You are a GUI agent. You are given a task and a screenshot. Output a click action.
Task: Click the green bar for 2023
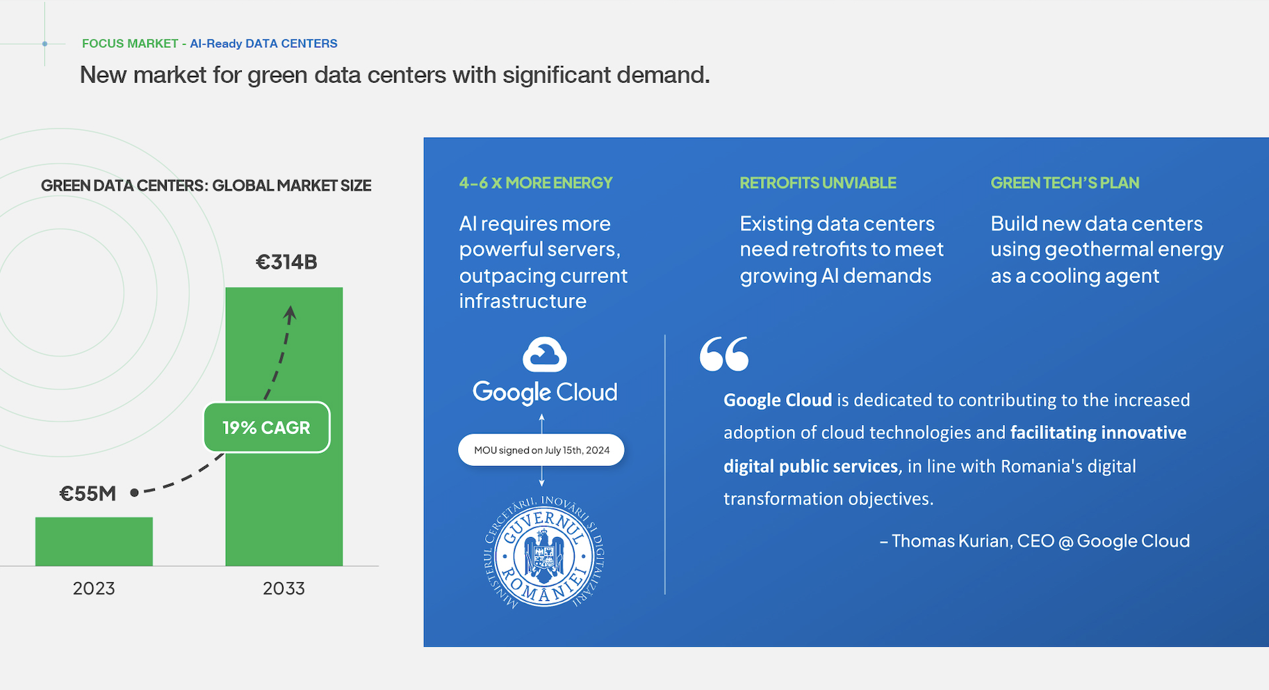point(94,541)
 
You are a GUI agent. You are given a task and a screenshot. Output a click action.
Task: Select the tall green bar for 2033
point(284,426)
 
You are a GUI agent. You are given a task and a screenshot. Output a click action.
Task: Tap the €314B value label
point(286,262)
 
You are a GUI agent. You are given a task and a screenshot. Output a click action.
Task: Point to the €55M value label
point(88,494)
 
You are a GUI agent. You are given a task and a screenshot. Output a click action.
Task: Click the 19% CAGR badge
point(266,427)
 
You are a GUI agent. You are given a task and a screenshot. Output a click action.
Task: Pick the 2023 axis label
point(94,588)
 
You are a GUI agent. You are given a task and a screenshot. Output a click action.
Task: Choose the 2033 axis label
point(284,588)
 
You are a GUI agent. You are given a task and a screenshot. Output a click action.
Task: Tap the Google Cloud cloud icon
point(545,355)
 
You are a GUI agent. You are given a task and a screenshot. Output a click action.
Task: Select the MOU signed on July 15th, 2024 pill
point(541,450)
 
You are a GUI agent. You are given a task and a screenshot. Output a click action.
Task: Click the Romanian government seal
point(543,552)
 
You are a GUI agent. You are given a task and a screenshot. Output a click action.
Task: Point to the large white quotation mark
point(724,353)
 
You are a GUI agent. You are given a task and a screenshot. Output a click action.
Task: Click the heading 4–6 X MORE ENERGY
point(536,183)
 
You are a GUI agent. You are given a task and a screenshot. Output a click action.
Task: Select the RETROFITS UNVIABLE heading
point(818,183)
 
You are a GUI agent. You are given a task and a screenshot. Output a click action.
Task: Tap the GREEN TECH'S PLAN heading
point(1065,183)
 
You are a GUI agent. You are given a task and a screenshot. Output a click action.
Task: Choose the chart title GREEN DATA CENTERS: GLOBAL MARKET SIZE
point(206,186)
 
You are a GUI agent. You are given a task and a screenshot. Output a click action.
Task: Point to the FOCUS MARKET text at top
point(130,43)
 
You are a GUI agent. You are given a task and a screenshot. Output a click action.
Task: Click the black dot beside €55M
point(134,492)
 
